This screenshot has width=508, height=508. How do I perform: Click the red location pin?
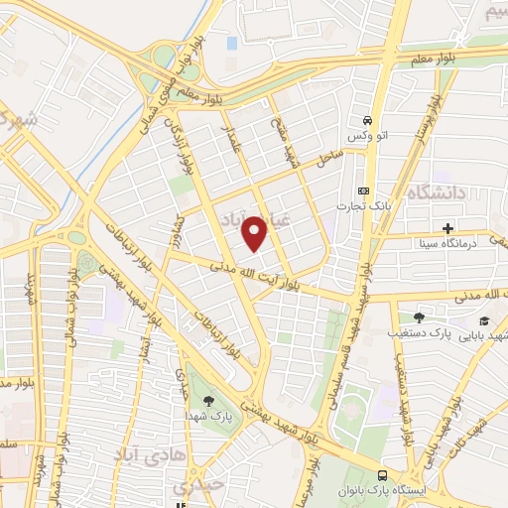coord(256,232)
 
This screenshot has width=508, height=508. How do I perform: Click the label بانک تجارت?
coord(363,204)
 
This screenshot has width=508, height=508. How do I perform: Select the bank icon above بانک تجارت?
coord(363,190)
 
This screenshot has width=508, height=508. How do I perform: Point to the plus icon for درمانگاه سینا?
coord(447,228)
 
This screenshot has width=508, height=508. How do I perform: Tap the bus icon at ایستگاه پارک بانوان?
coord(384,475)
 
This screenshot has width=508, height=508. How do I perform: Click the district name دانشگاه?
coord(434,192)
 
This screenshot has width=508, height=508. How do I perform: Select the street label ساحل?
coord(329,157)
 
